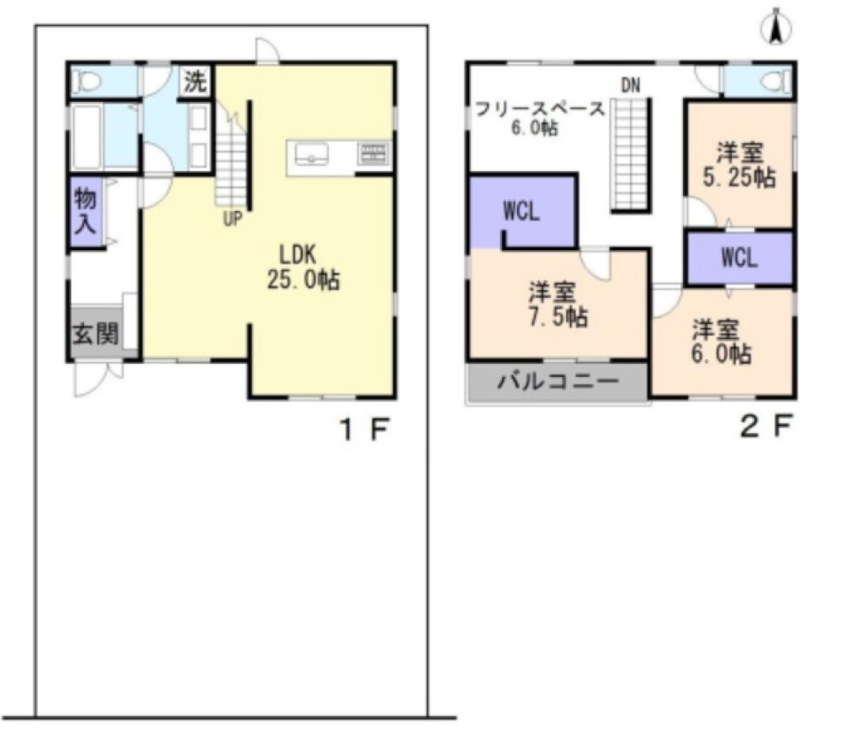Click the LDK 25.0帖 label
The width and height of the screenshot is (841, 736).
[x=303, y=267]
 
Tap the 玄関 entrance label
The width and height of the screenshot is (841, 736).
[x=96, y=334]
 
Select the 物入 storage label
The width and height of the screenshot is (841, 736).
[x=85, y=211]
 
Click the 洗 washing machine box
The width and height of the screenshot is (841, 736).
[x=195, y=81]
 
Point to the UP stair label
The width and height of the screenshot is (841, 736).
[x=232, y=219]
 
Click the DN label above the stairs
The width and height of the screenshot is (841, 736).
[x=631, y=85]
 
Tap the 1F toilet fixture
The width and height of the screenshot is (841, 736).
[x=87, y=82]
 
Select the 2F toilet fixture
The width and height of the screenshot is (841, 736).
[x=776, y=82]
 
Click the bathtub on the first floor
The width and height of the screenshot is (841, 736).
[x=87, y=137]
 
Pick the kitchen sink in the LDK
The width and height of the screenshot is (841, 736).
[x=312, y=154]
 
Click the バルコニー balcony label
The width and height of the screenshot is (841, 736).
[x=558, y=381]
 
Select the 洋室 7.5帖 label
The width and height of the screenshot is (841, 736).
[x=558, y=304]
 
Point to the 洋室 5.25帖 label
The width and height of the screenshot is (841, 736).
[x=739, y=165]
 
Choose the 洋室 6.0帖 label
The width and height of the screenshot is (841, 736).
[x=722, y=342]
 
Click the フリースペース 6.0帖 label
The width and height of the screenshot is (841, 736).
[x=541, y=118]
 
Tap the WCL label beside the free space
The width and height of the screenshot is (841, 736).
[x=522, y=211]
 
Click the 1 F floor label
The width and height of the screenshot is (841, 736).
[x=365, y=429]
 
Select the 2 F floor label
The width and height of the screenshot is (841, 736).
[x=766, y=426]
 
